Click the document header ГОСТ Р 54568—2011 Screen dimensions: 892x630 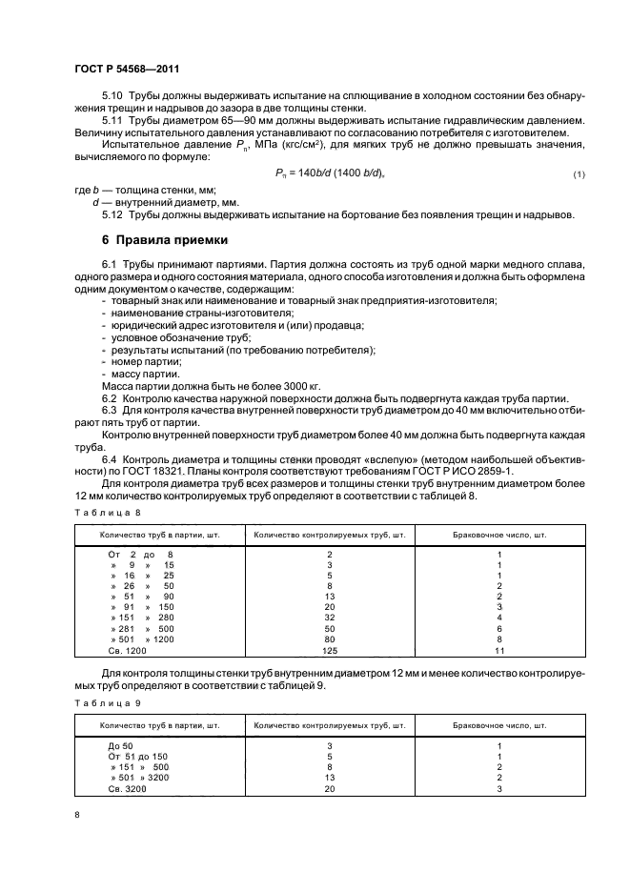(x=128, y=70)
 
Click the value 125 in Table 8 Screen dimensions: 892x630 (x=329, y=651)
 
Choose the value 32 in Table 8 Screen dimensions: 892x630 (x=329, y=617)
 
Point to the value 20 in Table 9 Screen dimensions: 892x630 (x=329, y=789)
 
